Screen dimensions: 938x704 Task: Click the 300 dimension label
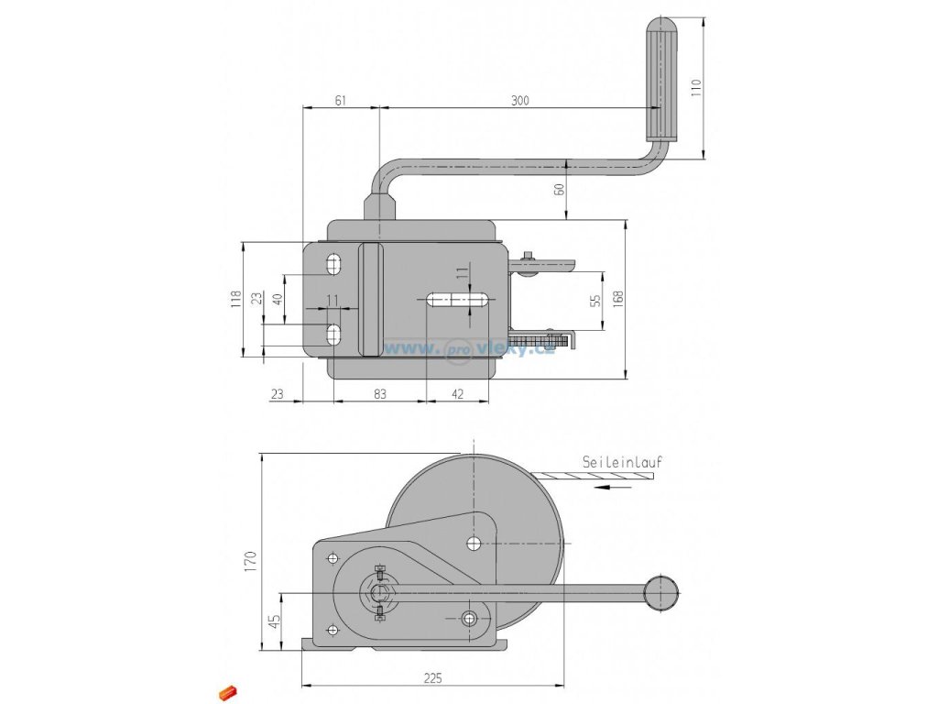click(520, 100)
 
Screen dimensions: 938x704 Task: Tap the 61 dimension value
click(340, 100)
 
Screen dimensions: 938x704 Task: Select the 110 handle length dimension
click(694, 88)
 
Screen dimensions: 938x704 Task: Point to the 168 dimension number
click(617, 299)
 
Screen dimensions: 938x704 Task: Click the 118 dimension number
click(235, 299)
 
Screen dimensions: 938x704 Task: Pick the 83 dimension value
click(380, 393)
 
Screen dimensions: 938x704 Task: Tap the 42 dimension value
click(458, 393)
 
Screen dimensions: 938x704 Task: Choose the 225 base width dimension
click(432, 677)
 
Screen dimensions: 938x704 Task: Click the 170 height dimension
click(251, 561)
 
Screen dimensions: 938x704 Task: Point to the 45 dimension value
click(273, 621)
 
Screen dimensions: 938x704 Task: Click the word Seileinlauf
click(622, 462)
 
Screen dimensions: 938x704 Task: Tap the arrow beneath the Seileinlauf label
click(613, 487)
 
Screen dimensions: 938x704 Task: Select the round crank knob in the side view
click(661, 593)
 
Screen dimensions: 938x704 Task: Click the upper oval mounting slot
click(333, 265)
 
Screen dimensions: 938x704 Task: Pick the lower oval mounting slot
click(333, 335)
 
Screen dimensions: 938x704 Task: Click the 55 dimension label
click(594, 301)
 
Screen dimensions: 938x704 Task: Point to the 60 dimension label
click(560, 189)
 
